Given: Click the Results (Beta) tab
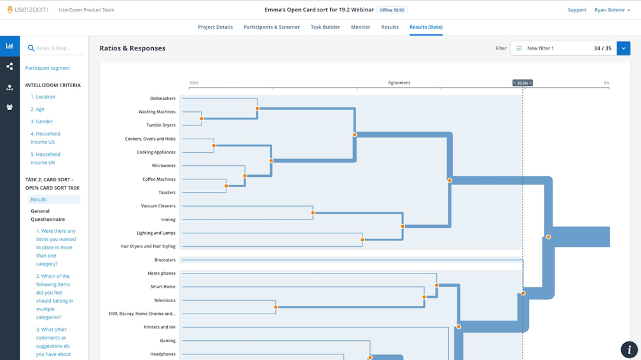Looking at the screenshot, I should tap(425, 27).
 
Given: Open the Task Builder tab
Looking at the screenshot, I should tap(325, 27).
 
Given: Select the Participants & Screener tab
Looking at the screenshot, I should tap(272, 27).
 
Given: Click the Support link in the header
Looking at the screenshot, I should tap(576, 10).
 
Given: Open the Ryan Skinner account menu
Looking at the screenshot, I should tap(612, 10).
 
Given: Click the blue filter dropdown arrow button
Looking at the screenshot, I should tap(623, 48).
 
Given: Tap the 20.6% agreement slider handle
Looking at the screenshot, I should tap(523, 83).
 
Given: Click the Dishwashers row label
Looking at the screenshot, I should tap(162, 99).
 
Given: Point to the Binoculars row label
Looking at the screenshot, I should tap(165, 260).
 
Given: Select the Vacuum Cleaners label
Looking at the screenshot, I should tap(158, 206).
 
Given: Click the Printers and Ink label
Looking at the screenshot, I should tap(159, 327).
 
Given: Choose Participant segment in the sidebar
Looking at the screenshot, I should tap(48, 68).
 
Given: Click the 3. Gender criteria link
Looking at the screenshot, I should tap(41, 121).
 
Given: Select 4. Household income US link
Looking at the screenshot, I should tap(45, 138).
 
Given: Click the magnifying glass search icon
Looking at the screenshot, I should tap(31, 48).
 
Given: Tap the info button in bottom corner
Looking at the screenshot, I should tap(628, 349).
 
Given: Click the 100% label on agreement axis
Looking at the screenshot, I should tap(194, 83).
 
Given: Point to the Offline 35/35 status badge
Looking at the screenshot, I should tap(392, 10).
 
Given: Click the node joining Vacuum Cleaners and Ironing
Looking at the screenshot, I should tap(313, 213).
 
